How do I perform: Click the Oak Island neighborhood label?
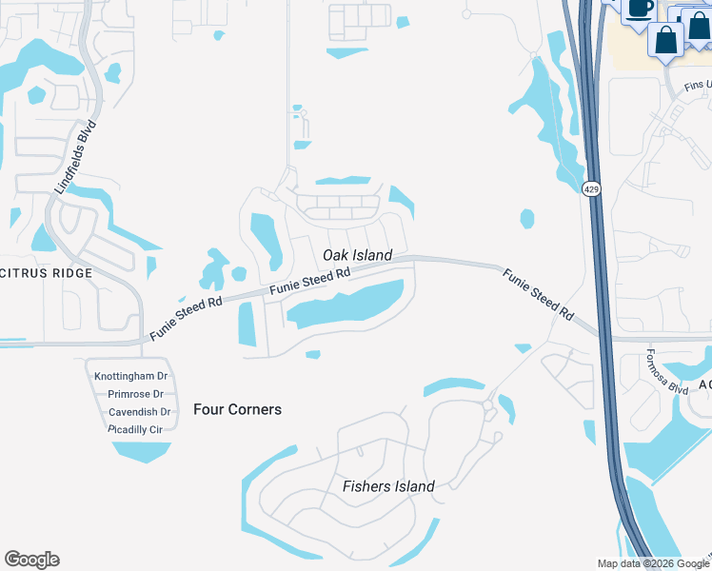(x=357, y=255)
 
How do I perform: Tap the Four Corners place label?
(x=237, y=409)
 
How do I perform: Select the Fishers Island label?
(x=388, y=486)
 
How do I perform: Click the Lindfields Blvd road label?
(x=76, y=158)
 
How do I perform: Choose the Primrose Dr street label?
(x=135, y=394)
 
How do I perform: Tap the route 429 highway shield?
(x=592, y=190)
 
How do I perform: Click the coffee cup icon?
(x=639, y=9)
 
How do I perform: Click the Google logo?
(x=31, y=560)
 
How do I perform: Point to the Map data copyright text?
(x=653, y=563)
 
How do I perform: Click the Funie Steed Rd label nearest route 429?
(x=539, y=292)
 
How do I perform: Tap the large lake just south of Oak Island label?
(x=347, y=306)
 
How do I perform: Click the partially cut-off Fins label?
(x=697, y=85)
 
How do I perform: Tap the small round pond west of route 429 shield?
(x=527, y=219)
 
